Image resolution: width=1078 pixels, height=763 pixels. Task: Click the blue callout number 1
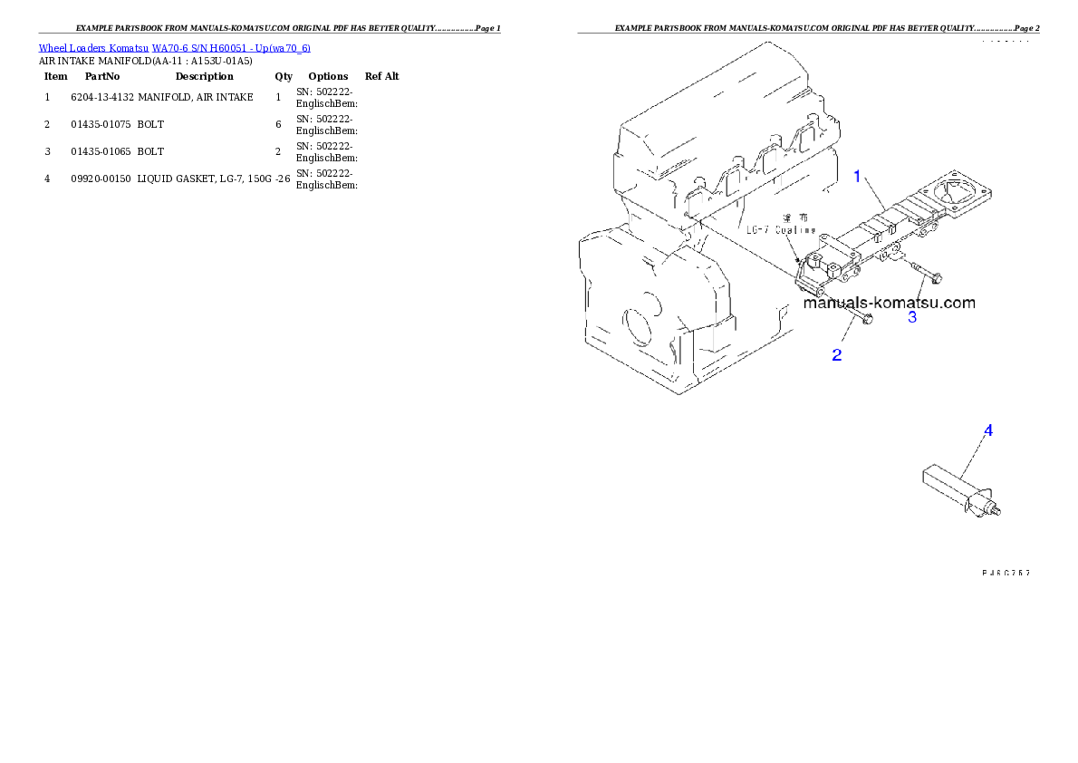pyautogui.click(x=857, y=177)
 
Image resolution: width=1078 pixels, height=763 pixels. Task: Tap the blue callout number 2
pyautogui.click(x=837, y=355)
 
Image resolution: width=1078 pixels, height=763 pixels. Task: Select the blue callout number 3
pyautogui.click(x=912, y=317)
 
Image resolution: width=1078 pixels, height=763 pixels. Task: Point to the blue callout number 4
pyautogui.click(x=988, y=430)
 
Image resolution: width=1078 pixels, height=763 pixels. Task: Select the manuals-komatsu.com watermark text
pyautogui.click(x=889, y=303)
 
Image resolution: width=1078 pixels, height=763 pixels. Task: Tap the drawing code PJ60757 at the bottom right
pyautogui.click(x=1006, y=573)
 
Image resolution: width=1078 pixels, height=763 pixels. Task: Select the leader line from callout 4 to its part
pyautogui.click(x=975, y=458)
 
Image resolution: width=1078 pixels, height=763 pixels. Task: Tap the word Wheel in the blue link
pyautogui.click(x=52, y=47)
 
